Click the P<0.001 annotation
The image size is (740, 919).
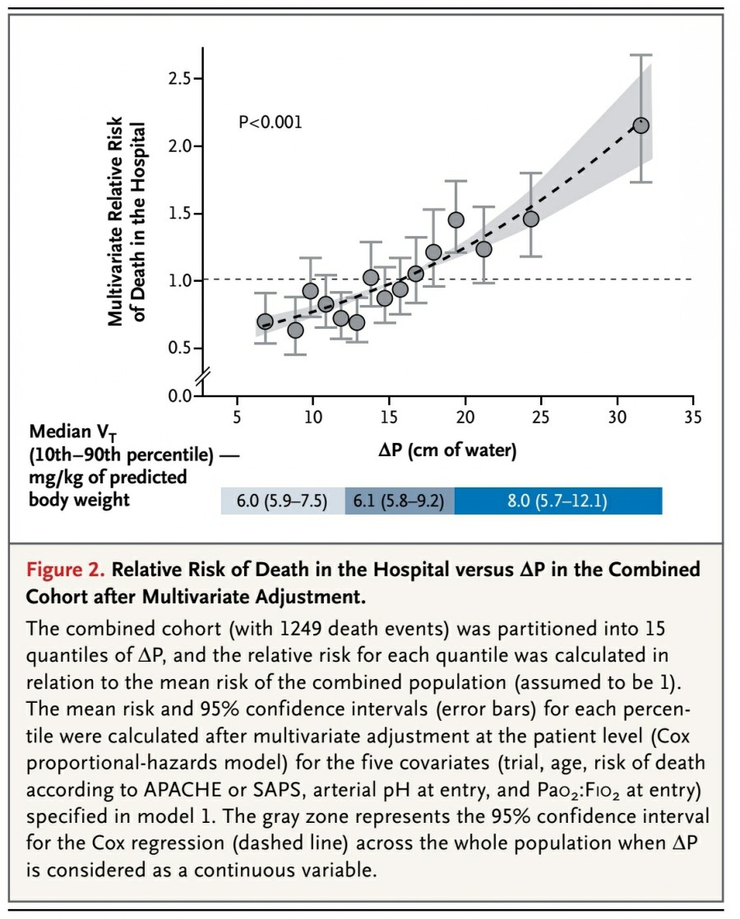click(x=271, y=122)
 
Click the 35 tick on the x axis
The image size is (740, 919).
click(x=692, y=418)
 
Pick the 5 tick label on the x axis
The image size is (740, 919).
click(x=237, y=418)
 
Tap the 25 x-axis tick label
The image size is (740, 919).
click(x=540, y=418)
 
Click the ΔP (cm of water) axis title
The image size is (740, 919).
click(x=448, y=450)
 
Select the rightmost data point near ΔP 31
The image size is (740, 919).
click(x=641, y=126)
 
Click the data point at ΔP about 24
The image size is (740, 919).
click(x=531, y=219)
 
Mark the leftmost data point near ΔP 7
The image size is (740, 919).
click(x=265, y=321)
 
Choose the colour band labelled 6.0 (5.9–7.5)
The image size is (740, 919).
click(x=283, y=501)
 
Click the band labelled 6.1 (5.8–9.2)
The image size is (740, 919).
click(x=399, y=501)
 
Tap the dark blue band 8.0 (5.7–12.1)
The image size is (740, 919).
click(x=557, y=501)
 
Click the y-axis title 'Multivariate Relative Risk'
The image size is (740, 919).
click(x=118, y=222)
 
